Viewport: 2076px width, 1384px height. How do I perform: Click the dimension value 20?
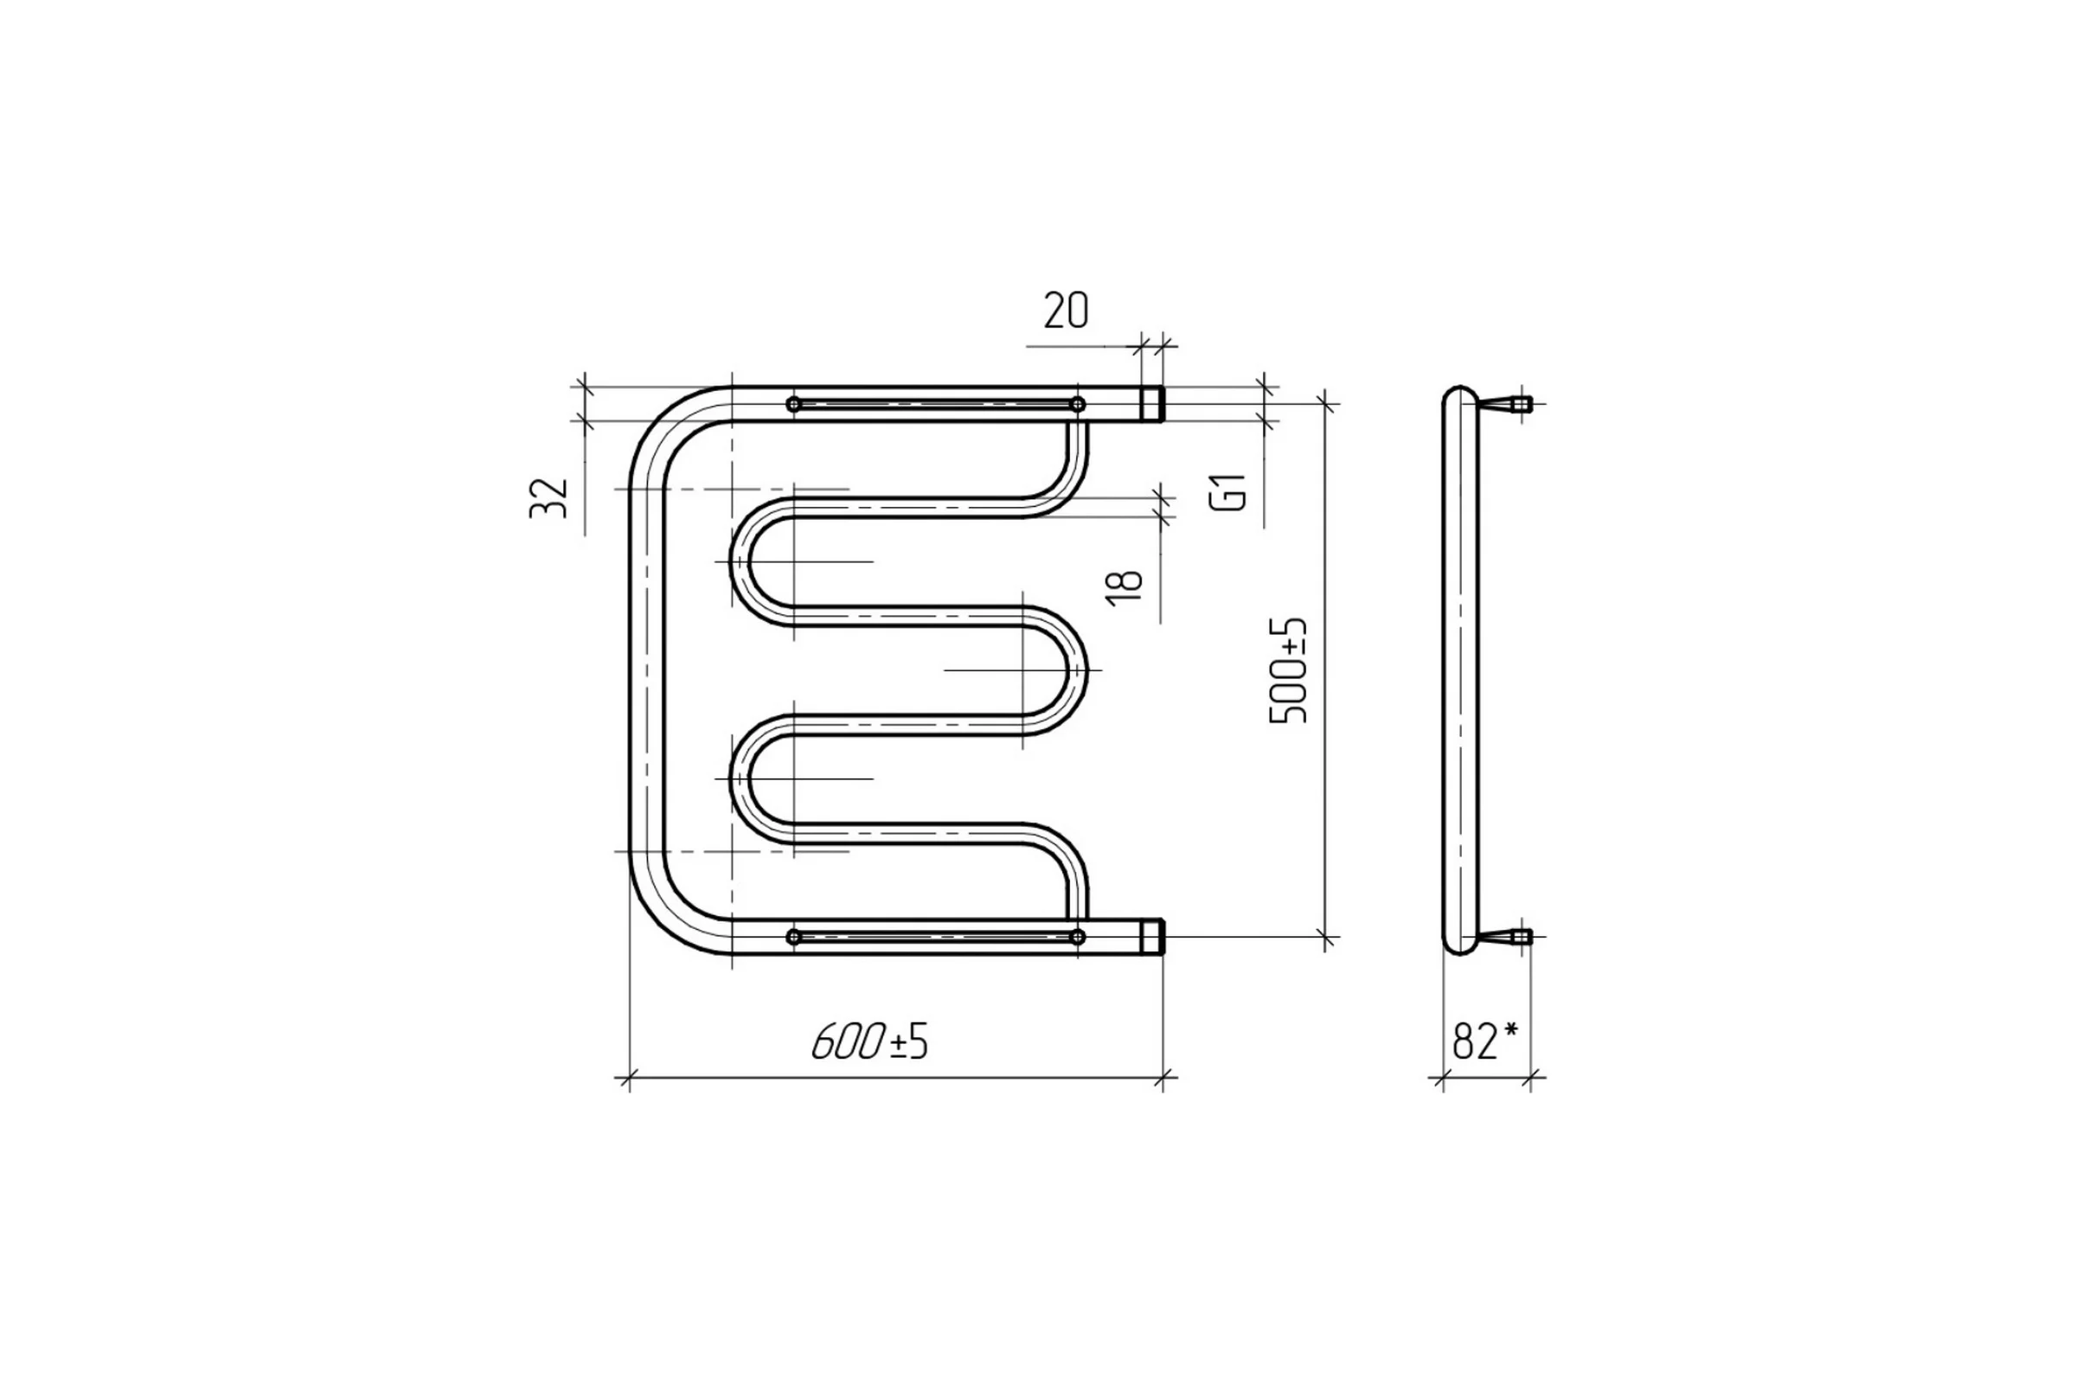[x=1067, y=311]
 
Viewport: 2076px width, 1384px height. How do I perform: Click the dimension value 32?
[x=548, y=498]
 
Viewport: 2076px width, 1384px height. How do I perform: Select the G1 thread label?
[x=1228, y=491]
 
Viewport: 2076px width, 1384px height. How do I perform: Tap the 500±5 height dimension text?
[x=1288, y=671]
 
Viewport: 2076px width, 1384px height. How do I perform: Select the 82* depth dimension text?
[x=1484, y=1041]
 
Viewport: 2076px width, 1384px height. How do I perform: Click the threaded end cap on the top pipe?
[x=1152, y=404]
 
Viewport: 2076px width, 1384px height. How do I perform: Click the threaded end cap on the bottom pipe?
[x=1152, y=937]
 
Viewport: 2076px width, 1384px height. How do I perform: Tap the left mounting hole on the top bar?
[x=793, y=404]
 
